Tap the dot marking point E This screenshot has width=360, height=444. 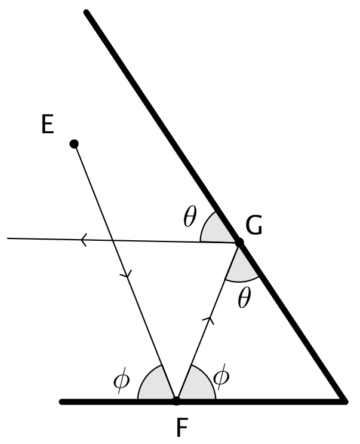75,143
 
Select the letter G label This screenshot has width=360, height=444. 254,226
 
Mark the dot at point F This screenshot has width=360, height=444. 176,401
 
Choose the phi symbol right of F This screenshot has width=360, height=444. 220,377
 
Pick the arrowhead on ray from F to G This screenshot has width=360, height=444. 208,321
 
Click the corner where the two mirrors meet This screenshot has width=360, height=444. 343,401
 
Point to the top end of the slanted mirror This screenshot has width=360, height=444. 87,13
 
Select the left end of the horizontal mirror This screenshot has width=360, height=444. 62,402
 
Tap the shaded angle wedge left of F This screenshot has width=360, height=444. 155,387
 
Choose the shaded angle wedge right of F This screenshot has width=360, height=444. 196,387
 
